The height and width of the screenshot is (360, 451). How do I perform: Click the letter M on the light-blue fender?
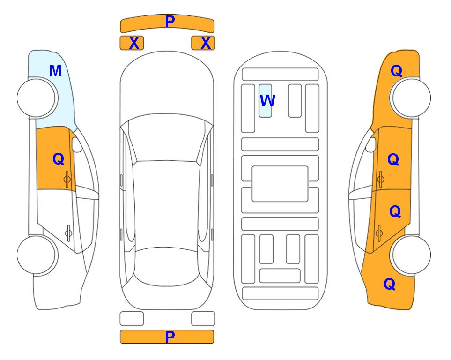tap(56, 71)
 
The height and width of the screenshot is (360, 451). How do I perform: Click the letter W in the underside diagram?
tap(267, 101)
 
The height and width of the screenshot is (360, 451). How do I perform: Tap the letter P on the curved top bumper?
tap(170, 22)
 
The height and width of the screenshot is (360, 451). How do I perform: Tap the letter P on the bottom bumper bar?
tap(170, 337)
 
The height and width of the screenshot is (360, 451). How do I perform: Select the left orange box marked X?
tap(132, 43)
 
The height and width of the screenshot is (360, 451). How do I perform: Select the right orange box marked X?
tap(203, 43)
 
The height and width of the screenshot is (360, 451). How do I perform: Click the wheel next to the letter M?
tap(37, 98)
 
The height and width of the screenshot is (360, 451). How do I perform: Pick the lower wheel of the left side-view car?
tap(37, 255)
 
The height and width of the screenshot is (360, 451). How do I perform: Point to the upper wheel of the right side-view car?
tap(411, 98)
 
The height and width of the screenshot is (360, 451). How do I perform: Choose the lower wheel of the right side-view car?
tap(411, 255)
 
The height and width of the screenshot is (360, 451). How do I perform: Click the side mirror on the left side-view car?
tap(77, 144)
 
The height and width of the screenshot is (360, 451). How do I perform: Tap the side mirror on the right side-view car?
tap(371, 144)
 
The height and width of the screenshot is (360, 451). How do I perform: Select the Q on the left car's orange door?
tap(59, 159)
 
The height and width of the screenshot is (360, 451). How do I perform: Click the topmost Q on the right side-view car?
tap(396, 71)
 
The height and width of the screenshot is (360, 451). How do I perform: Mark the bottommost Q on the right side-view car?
tap(390, 284)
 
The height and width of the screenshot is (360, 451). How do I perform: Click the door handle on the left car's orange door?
tap(67, 179)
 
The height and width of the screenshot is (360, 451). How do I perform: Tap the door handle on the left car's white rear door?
tap(69, 232)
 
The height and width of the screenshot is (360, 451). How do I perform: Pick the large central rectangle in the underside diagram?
tap(280, 184)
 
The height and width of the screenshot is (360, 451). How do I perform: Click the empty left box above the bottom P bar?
tap(132, 319)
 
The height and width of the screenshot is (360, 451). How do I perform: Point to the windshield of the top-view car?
tap(167, 138)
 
